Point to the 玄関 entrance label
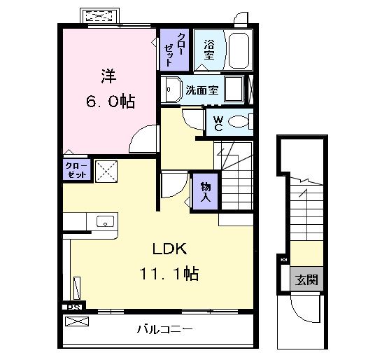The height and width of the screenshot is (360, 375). pos(306,280)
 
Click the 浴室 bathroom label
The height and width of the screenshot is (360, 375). pos(208,50)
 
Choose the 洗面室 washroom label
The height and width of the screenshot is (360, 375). pos(202,90)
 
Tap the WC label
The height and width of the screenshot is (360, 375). pos(218,123)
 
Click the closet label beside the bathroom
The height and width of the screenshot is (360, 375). pos(173,48)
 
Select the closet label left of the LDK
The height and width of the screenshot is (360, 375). pos(76,169)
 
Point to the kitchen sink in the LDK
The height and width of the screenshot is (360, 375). pos(104,221)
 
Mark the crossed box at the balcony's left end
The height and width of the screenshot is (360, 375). pos(77,322)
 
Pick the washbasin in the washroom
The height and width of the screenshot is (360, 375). pos(171,90)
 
